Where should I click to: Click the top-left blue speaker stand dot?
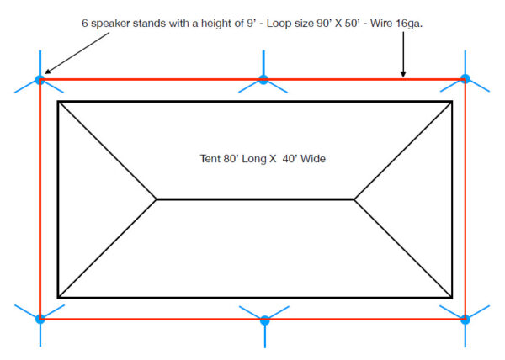click(x=40, y=80)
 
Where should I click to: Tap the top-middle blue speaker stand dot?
click(x=263, y=80)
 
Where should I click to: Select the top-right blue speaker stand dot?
click(x=465, y=79)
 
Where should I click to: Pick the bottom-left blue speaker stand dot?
click(x=40, y=319)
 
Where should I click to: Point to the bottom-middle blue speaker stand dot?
click(x=264, y=320)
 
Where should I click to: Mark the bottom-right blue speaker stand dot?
click(x=465, y=320)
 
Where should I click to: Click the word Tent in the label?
click(x=206, y=158)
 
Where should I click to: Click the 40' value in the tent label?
click(x=285, y=158)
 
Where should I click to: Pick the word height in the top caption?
click(x=206, y=23)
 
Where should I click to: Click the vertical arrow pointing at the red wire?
click(x=404, y=56)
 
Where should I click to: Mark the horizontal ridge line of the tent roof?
click(x=255, y=199)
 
